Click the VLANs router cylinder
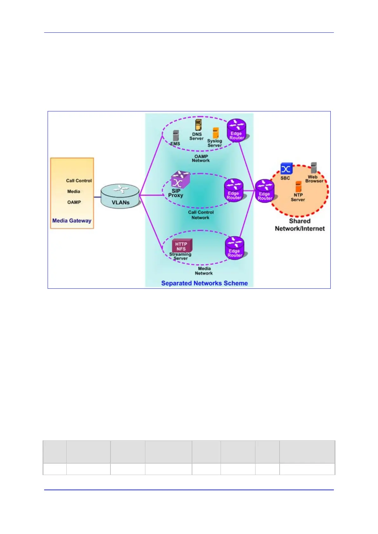[x=120, y=196]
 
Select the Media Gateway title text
[x=72, y=221]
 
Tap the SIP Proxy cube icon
[x=180, y=180]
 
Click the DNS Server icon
[x=198, y=125]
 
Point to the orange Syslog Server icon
[x=216, y=133]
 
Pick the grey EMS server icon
[x=176, y=135]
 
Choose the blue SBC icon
[x=286, y=169]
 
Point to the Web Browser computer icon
[x=314, y=168]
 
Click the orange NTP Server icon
[x=298, y=187]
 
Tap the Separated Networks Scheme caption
[x=204, y=283]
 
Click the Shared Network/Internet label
[x=300, y=225]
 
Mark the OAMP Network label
[x=201, y=158]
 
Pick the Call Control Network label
[x=201, y=215]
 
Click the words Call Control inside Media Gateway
[x=79, y=181]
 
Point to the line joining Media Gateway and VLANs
[x=97, y=197]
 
